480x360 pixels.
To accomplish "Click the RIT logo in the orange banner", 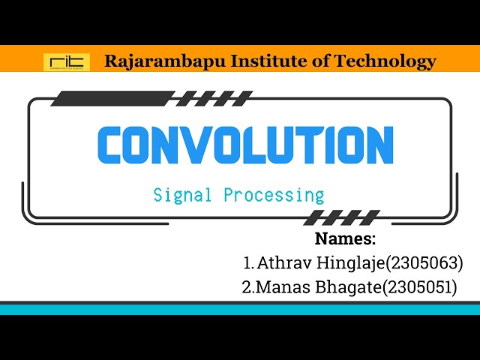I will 66,61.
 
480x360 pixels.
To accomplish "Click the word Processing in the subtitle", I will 274,196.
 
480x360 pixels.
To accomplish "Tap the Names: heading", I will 344,240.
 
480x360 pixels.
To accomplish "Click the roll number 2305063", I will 423,263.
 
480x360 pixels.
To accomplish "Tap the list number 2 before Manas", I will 247,287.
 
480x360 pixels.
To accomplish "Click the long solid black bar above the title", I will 112,98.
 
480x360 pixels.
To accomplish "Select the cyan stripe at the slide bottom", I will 240,309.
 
